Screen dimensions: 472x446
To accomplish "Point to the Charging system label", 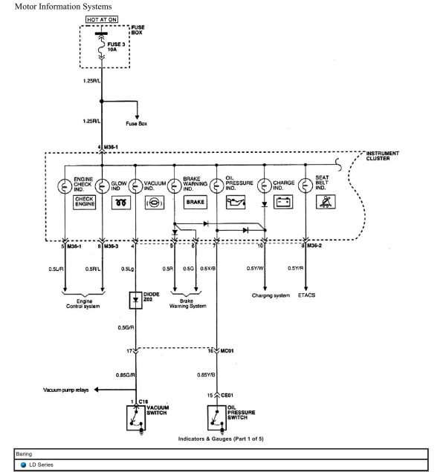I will click(271, 296).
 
